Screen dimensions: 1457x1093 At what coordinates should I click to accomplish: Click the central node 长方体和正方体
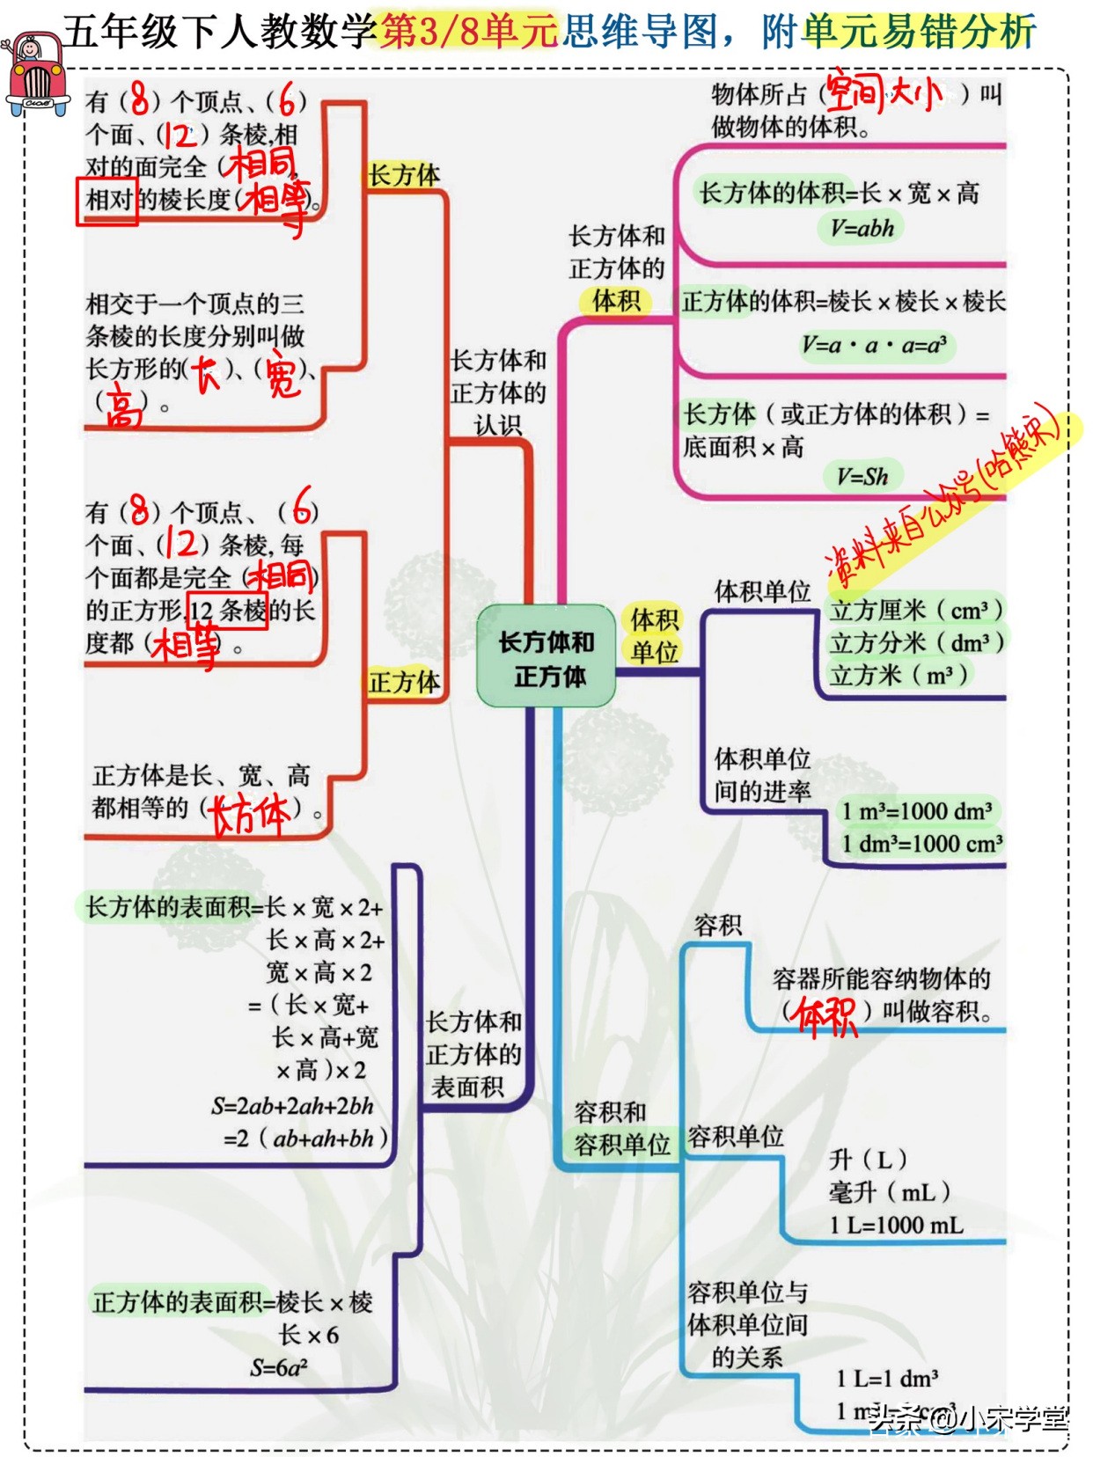click(x=546, y=657)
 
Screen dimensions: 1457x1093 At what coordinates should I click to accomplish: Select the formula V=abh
click(x=862, y=228)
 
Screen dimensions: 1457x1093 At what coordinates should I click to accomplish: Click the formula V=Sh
click(x=862, y=477)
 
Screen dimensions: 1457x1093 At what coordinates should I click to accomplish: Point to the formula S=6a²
click(x=279, y=1367)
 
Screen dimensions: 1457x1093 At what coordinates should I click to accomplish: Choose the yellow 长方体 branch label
click(x=404, y=175)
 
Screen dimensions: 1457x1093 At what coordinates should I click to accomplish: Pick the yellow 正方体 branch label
click(x=404, y=682)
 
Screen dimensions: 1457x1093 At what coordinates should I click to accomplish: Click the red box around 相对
click(x=106, y=201)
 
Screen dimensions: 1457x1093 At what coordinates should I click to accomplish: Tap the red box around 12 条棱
click(x=228, y=610)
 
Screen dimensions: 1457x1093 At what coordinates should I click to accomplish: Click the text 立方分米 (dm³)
click(x=916, y=642)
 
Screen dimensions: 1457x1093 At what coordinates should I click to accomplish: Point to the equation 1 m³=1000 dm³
click(x=916, y=810)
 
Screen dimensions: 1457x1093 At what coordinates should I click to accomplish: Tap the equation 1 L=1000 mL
click(x=896, y=1225)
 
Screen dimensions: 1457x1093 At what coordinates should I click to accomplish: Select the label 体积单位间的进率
click(x=762, y=774)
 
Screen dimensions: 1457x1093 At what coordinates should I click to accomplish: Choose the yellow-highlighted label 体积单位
click(x=654, y=635)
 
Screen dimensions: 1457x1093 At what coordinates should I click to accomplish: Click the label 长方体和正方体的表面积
click(x=473, y=1054)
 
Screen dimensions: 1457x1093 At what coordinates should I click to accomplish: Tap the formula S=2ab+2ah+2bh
click(x=292, y=1106)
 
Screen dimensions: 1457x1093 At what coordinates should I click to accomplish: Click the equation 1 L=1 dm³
click(x=887, y=1378)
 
